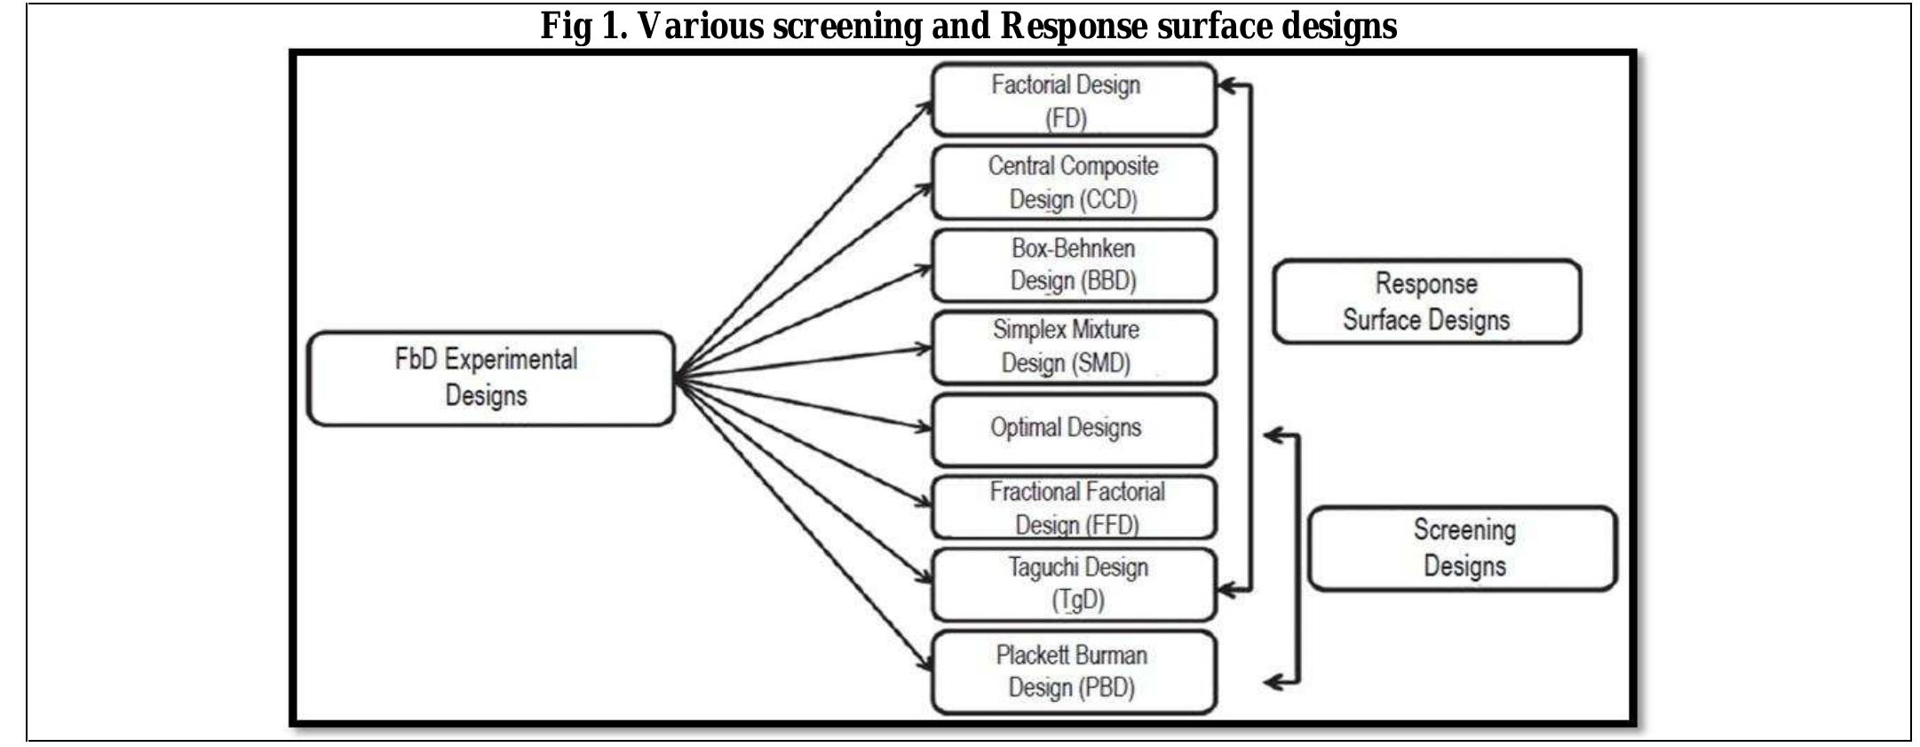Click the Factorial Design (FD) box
click(x=1073, y=99)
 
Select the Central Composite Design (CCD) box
click(x=1073, y=182)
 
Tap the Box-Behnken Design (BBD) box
click(x=1073, y=265)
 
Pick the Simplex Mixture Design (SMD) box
click(x=1073, y=346)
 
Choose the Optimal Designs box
click(x=1073, y=429)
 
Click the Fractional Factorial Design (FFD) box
click(x=1073, y=507)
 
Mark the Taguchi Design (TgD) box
click(x=1073, y=584)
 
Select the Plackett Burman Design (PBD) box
click(x=1073, y=672)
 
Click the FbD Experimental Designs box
click(x=490, y=378)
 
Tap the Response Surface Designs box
click(x=1426, y=301)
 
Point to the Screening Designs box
click(x=1463, y=548)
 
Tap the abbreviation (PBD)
click(x=1107, y=687)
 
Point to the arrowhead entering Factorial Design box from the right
click(x=1225, y=86)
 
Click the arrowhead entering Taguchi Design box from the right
click(x=1226, y=589)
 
